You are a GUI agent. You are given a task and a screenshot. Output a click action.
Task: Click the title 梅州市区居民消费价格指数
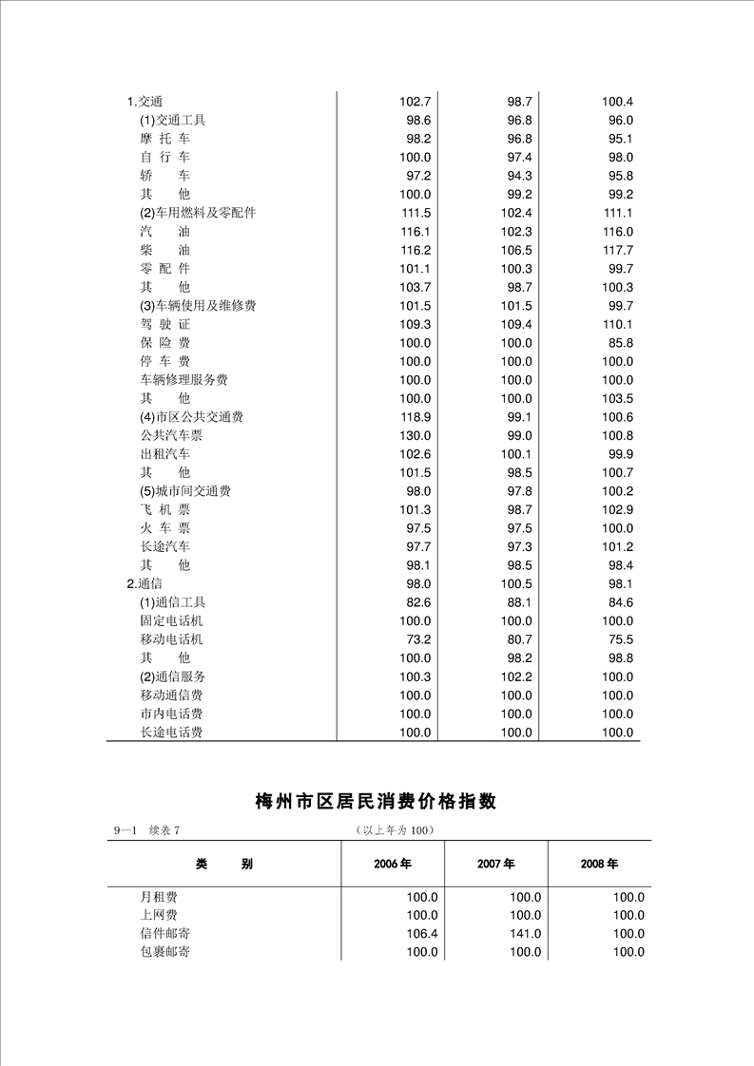tap(376, 802)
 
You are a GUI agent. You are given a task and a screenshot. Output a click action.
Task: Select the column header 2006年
tap(392, 865)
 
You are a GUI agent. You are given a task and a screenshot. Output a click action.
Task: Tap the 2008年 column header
tap(599, 865)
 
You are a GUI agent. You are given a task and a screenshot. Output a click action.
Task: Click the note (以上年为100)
tap(394, 831)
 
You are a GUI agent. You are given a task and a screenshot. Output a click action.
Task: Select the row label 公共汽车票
tap(171, 435)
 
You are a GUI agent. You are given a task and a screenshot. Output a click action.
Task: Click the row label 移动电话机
tap(171, 639)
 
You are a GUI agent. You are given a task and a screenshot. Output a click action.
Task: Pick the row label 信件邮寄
tap(164, 934)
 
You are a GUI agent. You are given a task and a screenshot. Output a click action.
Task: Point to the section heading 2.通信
tap(145, 583)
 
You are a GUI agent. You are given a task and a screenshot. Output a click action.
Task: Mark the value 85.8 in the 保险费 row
tap(620, 343)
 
